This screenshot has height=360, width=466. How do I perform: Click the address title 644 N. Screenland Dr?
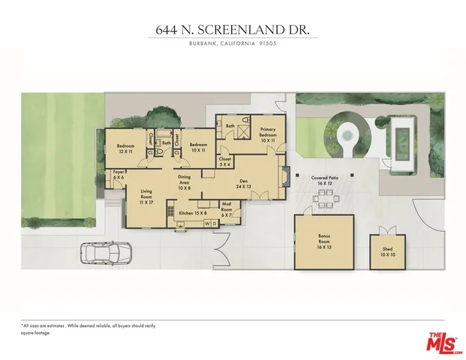tap(233, 30)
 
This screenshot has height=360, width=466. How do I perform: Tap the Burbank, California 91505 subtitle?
tap(233, 43)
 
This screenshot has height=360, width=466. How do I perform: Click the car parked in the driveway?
tap(104, 253)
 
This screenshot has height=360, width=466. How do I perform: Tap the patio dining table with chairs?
tap(325, 198)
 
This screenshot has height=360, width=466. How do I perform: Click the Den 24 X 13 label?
tap(243, 184)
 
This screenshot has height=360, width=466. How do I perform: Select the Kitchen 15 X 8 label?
tap(191, 213)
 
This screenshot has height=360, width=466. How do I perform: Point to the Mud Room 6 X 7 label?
tap(226, 206)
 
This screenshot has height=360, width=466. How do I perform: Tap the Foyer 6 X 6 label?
tap(119, 175)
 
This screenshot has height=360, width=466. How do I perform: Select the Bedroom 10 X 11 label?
tap(198, 148)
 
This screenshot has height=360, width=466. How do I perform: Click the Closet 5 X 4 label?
tap(225, 162)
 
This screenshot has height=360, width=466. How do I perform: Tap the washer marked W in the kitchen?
tap(207, 223)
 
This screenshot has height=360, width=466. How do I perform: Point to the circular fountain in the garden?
tap(347, 136)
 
